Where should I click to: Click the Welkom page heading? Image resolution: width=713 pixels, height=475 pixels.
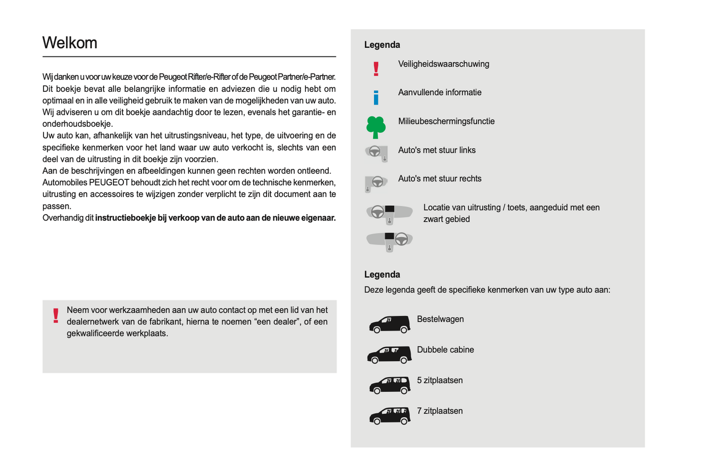(70, 43)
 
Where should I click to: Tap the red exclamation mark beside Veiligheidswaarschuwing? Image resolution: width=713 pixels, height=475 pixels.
(376, 69)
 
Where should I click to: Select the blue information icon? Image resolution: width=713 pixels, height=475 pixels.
(376, 97)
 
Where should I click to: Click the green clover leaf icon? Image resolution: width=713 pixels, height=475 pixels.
(376, 127)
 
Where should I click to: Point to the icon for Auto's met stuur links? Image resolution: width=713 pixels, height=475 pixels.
(376, 153)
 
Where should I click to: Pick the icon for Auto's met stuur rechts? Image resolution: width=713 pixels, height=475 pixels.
(376, 183)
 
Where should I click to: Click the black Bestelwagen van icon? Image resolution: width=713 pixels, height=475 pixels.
(389, 324)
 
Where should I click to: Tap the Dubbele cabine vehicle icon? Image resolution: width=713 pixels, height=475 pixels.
(389, 355)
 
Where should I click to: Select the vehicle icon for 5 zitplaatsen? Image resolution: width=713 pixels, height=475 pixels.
(389, 385)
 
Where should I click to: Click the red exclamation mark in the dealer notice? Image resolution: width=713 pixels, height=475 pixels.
(56, 316)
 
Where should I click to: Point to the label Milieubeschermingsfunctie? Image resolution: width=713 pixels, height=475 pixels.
(446, 121)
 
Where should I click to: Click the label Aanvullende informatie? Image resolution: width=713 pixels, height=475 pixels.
(440, 93)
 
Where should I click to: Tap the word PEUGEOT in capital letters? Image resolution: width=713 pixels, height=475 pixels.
(109, 183)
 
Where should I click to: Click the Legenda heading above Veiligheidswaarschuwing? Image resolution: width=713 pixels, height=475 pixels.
(382, 45)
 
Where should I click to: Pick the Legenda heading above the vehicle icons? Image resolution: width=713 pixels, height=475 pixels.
(382, 275)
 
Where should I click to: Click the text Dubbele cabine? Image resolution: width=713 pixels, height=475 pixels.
(445, 350)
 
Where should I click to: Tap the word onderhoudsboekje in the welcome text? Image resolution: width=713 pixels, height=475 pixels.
(77, 124)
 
